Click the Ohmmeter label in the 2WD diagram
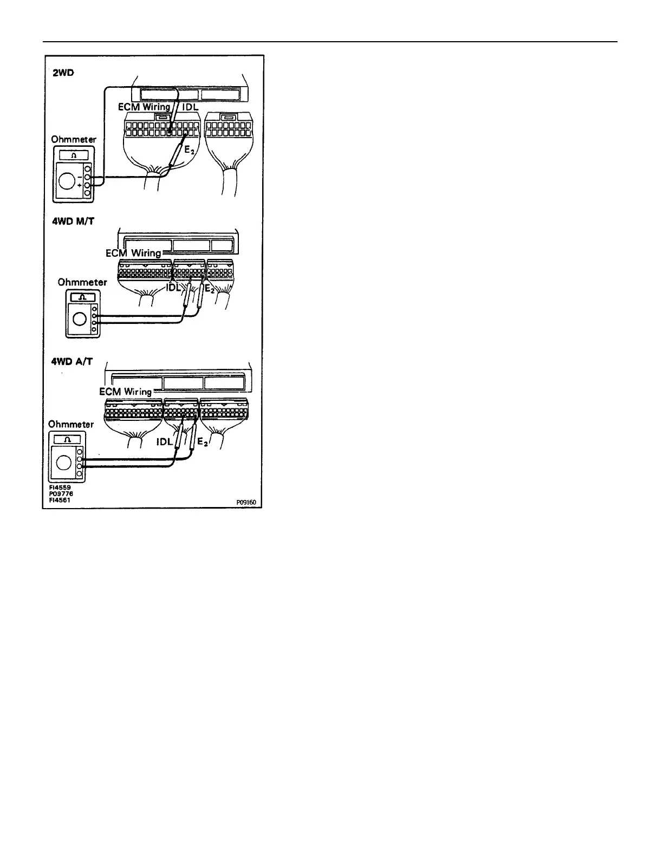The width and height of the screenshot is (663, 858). click(x=74, y=139)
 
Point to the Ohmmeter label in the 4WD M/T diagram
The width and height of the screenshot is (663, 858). click(x=82, y=282)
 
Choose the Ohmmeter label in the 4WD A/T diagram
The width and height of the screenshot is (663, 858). click(x=70, y=424)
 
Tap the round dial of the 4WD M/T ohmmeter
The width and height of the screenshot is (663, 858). click(x=79, y=318)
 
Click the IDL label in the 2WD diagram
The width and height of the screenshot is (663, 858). click(x=189, y=107)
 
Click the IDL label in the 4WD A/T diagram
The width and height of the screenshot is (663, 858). click(x=164, y=441)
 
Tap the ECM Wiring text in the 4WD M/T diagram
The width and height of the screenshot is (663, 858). click(x=133, y=253)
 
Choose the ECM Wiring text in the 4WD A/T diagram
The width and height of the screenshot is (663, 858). click(x=126, y=391)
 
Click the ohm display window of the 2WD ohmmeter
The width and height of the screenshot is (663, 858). click(x=74, y=156)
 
